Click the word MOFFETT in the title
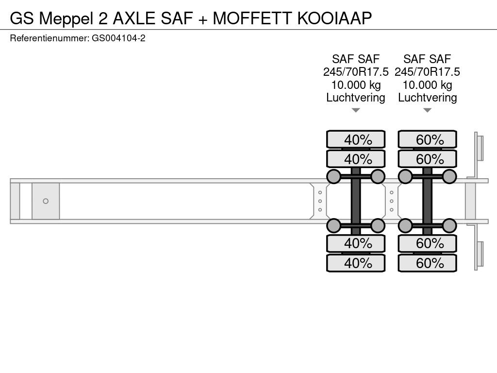click(x=252, y=18)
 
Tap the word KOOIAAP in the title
click(x=334, y=18)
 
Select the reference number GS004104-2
click(x=118, y=38)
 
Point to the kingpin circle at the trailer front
click(x=46, y=201)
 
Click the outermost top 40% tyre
click(x=356, y=139)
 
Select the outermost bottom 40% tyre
click(x=356, y=263)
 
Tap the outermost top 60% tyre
click(x=427, y=139)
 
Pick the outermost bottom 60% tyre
click(x=427, y=263)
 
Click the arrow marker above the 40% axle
click(x=356, y=110)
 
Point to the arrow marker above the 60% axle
click(x=427, y=110)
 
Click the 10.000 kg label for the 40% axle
click(x=356, y=85)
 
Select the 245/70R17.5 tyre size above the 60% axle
click(x=427, y=72)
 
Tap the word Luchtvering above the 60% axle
click(x=427, y=98)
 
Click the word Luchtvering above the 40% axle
click(x=356, y=98)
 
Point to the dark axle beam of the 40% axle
click(x=356, y=201)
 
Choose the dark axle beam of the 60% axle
click(x=428, y=201)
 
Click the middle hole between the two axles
click(x=392, y=201)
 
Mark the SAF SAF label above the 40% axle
click(x=356, y=59)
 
